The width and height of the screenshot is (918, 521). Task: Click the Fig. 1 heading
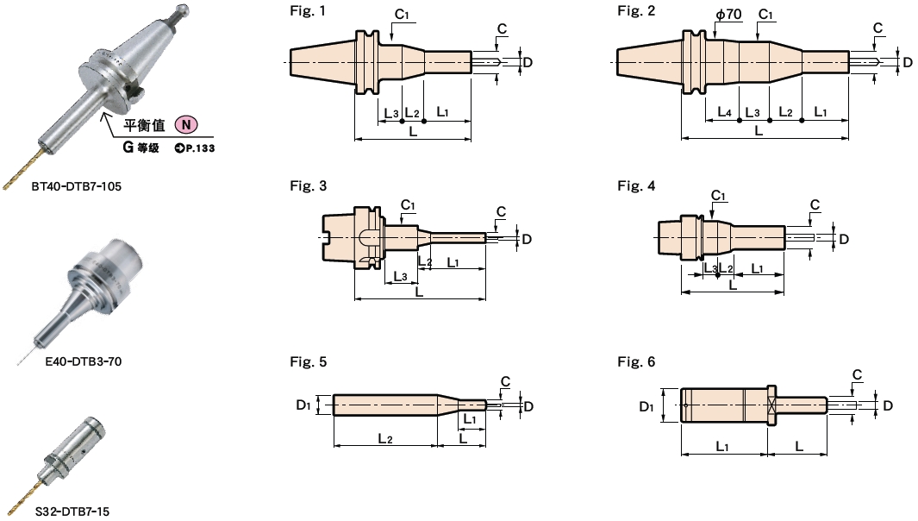pyautogui.click(x=308, y=11)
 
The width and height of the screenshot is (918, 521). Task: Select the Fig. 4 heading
pyautogui.click(x=635, y=185)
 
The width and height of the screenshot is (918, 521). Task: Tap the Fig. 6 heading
pyautogui.click(x=635, y=362)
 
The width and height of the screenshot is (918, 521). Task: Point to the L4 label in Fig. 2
pyautogui.click(x=725, y=112)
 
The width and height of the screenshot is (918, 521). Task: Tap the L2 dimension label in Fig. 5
pyautogui.click(x=385, y=438)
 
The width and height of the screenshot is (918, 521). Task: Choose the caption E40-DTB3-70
pyautogui.click(x=84, y=361)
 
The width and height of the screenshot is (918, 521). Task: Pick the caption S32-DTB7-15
pyautogui.click(x=72, y=511)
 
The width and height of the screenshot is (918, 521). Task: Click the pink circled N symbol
pyautogui.click(x=187, y=126)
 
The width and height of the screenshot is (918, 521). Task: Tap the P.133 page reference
pyautogui.click(x=194, y=148)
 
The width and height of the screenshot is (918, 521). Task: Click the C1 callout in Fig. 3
pyautogui.click(x=409, y=204)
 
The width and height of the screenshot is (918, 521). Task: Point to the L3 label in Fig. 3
pyautogui.click(x=400, y=276)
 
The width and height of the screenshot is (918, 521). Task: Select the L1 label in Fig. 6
pyautogui.click(x=722, y=445)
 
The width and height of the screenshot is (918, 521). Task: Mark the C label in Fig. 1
pyautogui.click(x=502, y=28)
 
